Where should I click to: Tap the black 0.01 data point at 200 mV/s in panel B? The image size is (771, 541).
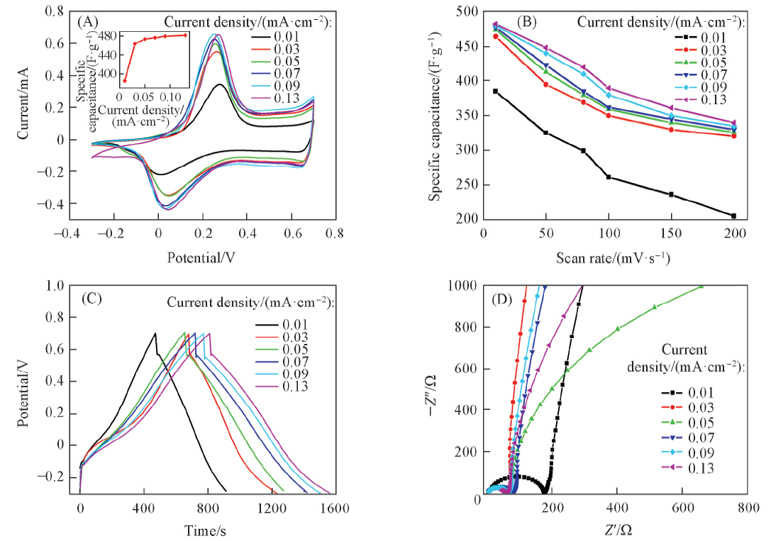(733, 216)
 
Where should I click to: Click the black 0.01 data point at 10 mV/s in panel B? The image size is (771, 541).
(496, 91)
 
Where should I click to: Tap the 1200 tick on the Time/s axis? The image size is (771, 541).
(270, 508)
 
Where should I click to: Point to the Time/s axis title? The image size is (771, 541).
(206, 530)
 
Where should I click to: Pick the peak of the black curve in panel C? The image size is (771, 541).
(155, 333)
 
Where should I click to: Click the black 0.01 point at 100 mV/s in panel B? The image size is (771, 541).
(609, 177)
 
